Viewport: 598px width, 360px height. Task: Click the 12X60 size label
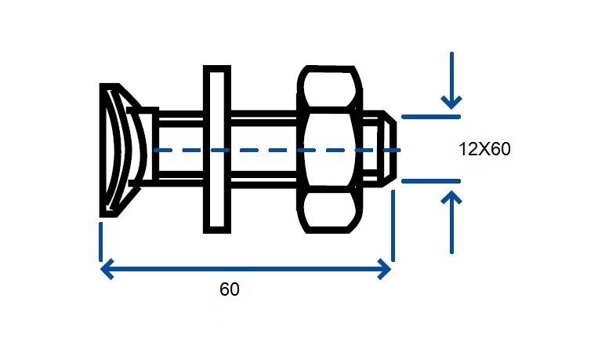click(x=484, y=149)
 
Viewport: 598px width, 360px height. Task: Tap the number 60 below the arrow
click(x=230, y=289)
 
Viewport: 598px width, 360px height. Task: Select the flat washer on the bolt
click(x=217, y=149)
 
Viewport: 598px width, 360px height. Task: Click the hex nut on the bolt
click(x=329, y=149)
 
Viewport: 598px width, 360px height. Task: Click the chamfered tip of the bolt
click(x=388, y=149)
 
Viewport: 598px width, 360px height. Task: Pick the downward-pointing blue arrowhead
click(x=451, y=102)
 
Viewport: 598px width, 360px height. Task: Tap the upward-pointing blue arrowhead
click(x=451, y=197)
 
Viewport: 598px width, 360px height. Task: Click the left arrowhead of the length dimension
click(x=107, y=269)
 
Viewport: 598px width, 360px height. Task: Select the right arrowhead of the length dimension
click(x=384, y=269)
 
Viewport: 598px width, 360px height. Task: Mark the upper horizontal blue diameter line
click(x=431, y=116)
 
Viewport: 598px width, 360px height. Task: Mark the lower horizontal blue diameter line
click(x=431, y=181)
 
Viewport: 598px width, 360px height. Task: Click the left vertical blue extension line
click(x=100, y=242)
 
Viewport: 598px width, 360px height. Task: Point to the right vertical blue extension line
click(x=393, y=226)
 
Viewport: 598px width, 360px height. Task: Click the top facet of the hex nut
click(x=329, y=87)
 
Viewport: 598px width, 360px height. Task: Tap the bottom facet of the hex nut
click(x=329, y=210)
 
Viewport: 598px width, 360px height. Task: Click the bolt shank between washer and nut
click(x=264, y=149)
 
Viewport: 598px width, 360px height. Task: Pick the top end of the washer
click(x=217, y=67)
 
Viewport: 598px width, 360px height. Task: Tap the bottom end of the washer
click(x=217, y=231)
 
